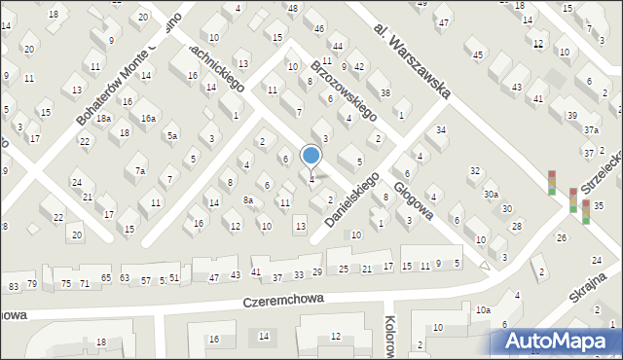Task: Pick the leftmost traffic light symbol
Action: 552,182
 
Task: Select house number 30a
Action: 492,195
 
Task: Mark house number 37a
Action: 592,129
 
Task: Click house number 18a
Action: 103,118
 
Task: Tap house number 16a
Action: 148,118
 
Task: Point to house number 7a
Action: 140,171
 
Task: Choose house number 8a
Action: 248,200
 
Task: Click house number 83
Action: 13,285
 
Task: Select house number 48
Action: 293,8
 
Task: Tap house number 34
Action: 441,129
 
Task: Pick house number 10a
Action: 483,310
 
